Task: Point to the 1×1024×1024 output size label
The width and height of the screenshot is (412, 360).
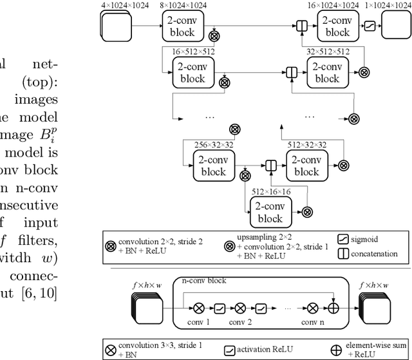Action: (x=387, y=5)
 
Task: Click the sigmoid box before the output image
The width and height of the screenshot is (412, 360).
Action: (x=370, y=26)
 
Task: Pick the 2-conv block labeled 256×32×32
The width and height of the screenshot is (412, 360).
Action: (x=213, y=166)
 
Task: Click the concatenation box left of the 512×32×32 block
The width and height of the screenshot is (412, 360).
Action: (x=271, y=166)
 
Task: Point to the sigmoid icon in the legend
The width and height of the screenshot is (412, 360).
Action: (x=343, y=239)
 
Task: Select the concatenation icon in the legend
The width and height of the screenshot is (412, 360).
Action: (x=343, y=253)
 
